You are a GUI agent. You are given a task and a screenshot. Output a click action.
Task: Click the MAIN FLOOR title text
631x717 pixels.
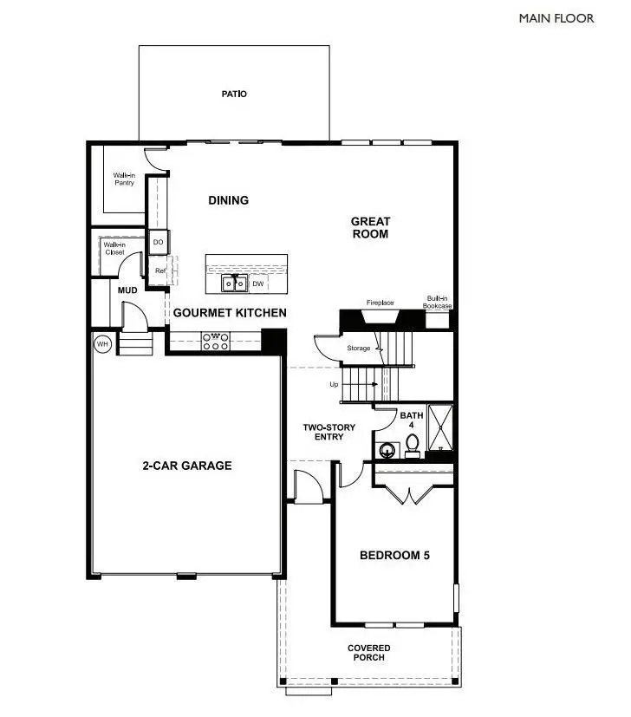(556, 17)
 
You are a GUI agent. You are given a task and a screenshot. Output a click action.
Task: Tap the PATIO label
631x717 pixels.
(234, 94)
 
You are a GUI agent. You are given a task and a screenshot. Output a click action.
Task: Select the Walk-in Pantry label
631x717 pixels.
(124, 179)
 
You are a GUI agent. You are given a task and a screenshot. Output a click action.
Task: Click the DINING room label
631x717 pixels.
(229, 200)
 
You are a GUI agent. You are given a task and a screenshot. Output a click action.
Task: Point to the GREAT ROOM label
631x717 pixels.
(370, 227)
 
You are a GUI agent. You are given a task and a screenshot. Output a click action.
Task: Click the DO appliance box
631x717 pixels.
(159, 243)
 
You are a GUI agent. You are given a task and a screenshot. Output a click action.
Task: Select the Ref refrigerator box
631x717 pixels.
(159, 271)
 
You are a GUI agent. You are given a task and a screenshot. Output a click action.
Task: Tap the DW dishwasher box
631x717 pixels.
(258, 284)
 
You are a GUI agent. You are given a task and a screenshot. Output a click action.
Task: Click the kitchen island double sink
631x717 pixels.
(232, 283)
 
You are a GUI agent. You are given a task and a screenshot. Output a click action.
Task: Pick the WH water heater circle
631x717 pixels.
(102, 344)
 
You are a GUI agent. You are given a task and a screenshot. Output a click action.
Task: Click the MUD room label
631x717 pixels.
(128, 290)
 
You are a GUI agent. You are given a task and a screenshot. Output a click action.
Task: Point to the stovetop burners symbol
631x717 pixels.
(214, 342)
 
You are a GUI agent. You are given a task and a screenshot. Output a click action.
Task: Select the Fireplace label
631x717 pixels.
(380, 303)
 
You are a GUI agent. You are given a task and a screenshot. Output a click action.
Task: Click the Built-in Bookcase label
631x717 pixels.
(437, 301)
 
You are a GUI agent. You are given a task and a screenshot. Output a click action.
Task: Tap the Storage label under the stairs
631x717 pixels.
(359, 349)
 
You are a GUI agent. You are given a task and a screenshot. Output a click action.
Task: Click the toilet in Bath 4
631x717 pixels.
(413, 445)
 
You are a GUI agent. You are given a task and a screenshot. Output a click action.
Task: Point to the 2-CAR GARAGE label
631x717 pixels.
(187, 466)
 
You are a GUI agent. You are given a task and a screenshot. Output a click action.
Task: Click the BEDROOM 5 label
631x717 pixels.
(394, 556)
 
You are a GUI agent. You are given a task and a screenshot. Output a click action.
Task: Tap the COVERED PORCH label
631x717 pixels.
(369, 652)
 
